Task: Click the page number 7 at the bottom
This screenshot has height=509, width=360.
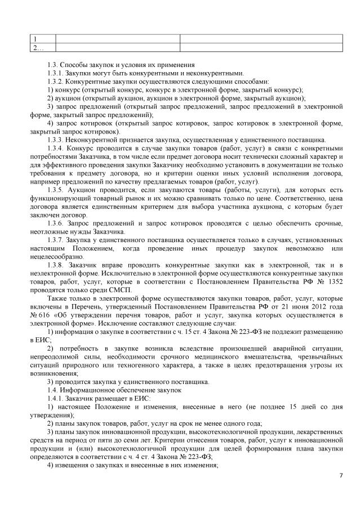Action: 341,476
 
